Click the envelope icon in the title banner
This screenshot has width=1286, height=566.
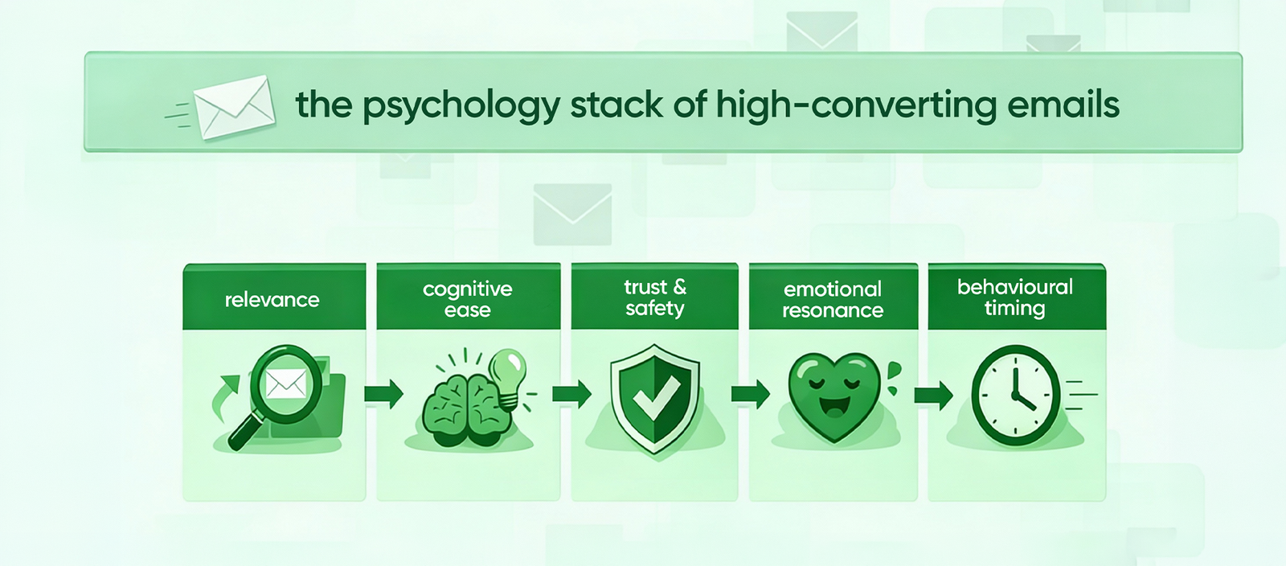pos(234,106)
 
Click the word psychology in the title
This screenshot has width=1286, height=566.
pos(460,105)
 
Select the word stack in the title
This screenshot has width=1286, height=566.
pos(616,105)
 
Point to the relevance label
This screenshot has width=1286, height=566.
pos(272,300)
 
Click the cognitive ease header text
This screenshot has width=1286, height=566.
pos(467,299)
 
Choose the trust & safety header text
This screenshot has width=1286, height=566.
pos(655,297)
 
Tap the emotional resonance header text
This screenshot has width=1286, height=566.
pos(833,299)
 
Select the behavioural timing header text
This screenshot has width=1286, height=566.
pos(1014,297)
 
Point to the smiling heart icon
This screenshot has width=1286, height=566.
pos(833,396)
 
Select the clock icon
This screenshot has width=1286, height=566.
pos(1015,396)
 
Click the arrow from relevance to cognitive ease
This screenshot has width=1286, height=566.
pos(383,394)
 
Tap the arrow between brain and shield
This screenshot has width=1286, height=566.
pos(571,394)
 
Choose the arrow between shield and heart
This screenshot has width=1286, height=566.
pos(750,394)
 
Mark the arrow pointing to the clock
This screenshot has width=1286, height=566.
pos(933,395)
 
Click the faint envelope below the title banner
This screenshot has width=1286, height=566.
pos(572,214)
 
